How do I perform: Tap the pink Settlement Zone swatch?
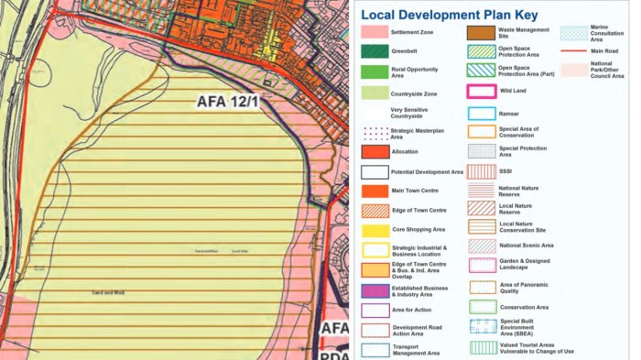click(374, 33)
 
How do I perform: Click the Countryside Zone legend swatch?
click(374, 93)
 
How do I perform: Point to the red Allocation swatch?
click(374, 152)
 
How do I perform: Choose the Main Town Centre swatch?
click(374, 191)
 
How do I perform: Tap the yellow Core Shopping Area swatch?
click(374, 229)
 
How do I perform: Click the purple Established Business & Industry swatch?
click(374, 290)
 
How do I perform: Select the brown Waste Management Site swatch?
click(482, 33)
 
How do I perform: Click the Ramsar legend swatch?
click(482, 114)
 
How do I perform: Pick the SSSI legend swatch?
click(482, 171)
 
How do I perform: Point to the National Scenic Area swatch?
click(482, 245)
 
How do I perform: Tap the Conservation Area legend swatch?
click(482, 307)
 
